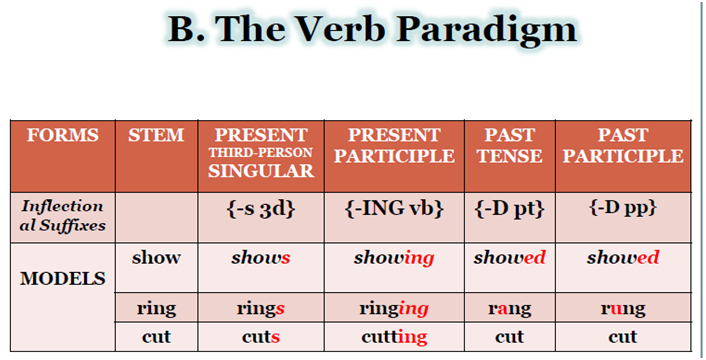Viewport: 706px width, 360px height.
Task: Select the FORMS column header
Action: point(61,135)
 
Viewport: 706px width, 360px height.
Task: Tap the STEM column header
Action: point(156,135)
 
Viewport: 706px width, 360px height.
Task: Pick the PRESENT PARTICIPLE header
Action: point(394,145)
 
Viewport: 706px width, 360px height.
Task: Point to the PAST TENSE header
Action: point(509,145)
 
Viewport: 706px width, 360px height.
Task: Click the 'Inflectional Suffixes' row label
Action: point(61,215)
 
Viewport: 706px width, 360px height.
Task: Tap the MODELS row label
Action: point(61,277)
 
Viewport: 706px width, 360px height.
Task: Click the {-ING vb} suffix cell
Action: point(394,211)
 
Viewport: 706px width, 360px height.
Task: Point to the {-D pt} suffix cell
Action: point(509,211)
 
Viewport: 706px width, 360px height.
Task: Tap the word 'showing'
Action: point(394,258)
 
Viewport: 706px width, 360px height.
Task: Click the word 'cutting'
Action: point(394,337)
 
